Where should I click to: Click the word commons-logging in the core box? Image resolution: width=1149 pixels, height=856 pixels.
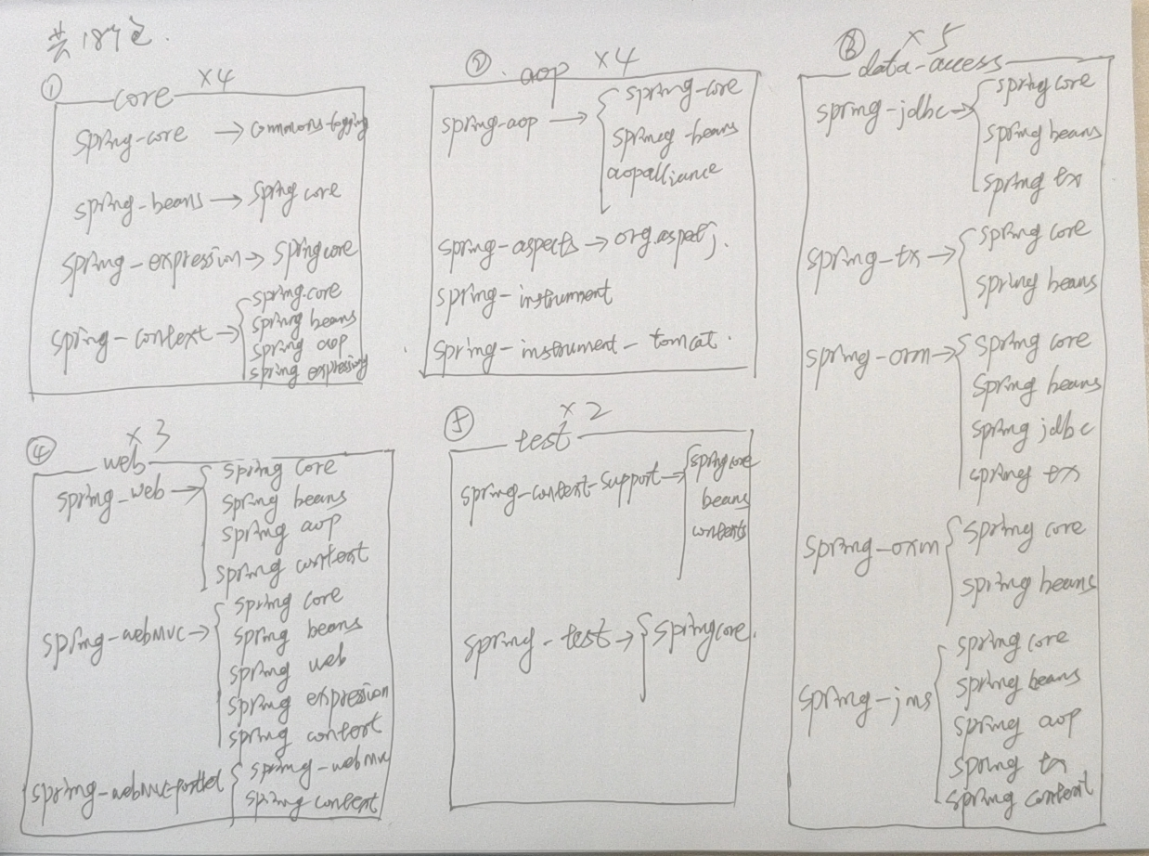point(305,136)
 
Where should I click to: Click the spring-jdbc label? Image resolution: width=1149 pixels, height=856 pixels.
point(890,113)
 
